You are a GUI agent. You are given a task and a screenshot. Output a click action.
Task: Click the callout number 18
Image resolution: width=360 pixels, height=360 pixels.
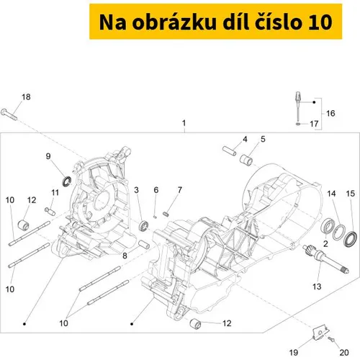point(26,97)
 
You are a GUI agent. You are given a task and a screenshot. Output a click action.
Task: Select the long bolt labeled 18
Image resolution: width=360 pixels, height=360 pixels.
point(9,114)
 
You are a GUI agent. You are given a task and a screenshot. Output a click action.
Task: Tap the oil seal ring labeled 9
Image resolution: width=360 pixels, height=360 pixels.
point(67,181)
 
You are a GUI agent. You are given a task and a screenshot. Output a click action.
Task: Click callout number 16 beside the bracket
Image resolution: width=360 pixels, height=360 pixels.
point(330,113)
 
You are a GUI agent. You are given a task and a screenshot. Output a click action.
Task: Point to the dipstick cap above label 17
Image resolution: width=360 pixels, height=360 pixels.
point(298,97)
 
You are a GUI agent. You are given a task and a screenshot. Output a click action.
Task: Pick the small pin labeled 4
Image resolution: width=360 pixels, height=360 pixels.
point(230,151)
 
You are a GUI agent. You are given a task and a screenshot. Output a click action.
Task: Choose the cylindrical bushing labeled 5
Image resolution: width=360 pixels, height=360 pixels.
point(246,160)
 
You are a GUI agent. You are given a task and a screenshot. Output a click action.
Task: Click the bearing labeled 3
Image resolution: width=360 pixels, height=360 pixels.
point(144,225)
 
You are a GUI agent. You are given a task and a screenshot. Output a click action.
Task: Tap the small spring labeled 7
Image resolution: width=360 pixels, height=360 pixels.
point(166,214)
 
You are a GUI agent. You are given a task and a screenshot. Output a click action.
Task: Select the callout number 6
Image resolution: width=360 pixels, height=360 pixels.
point(156,190)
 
